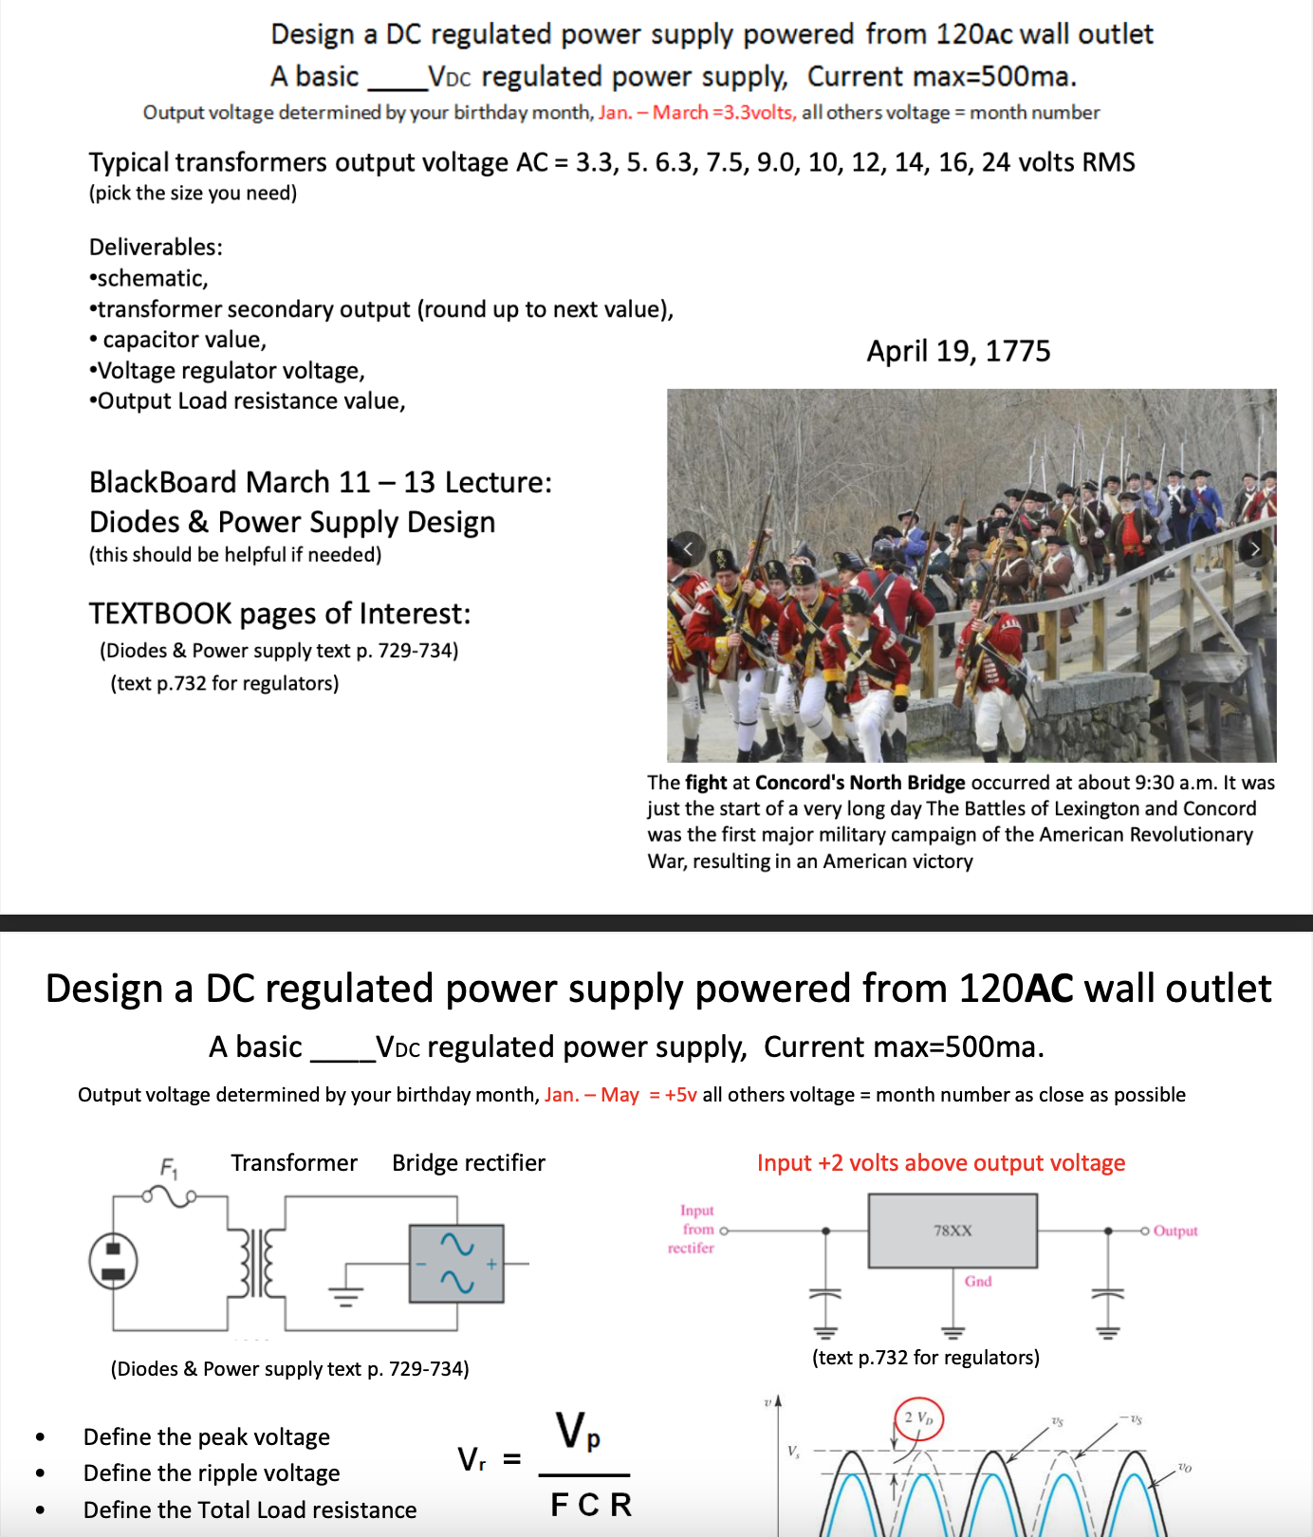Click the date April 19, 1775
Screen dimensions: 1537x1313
coord(958,351)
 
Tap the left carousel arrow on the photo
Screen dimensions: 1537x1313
coord(688,548)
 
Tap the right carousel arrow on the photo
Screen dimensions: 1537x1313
coord(1254,548)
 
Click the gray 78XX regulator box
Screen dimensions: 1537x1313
coord(952,1231)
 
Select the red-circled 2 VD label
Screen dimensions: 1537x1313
coord(918,1418)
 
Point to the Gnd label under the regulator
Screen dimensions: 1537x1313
coord(978,1281)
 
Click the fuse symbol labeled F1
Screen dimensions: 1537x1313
coord(171,1195)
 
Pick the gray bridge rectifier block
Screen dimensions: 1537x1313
coord(456,1263)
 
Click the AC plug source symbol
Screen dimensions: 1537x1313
coord(113,1262)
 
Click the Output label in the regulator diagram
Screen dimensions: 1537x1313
coord(1175,1231)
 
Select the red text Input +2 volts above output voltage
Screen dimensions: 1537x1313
coord(940,1163)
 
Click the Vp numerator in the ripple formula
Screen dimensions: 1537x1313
coord(578,1431)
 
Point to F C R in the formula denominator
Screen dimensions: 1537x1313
coord(591,1505)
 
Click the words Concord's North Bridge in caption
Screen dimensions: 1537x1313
coord(860,783)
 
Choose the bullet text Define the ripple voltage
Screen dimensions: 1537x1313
coord(212,1473)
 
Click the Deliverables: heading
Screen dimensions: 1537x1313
coord(156,248)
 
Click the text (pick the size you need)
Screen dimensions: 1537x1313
coord(193,194)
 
